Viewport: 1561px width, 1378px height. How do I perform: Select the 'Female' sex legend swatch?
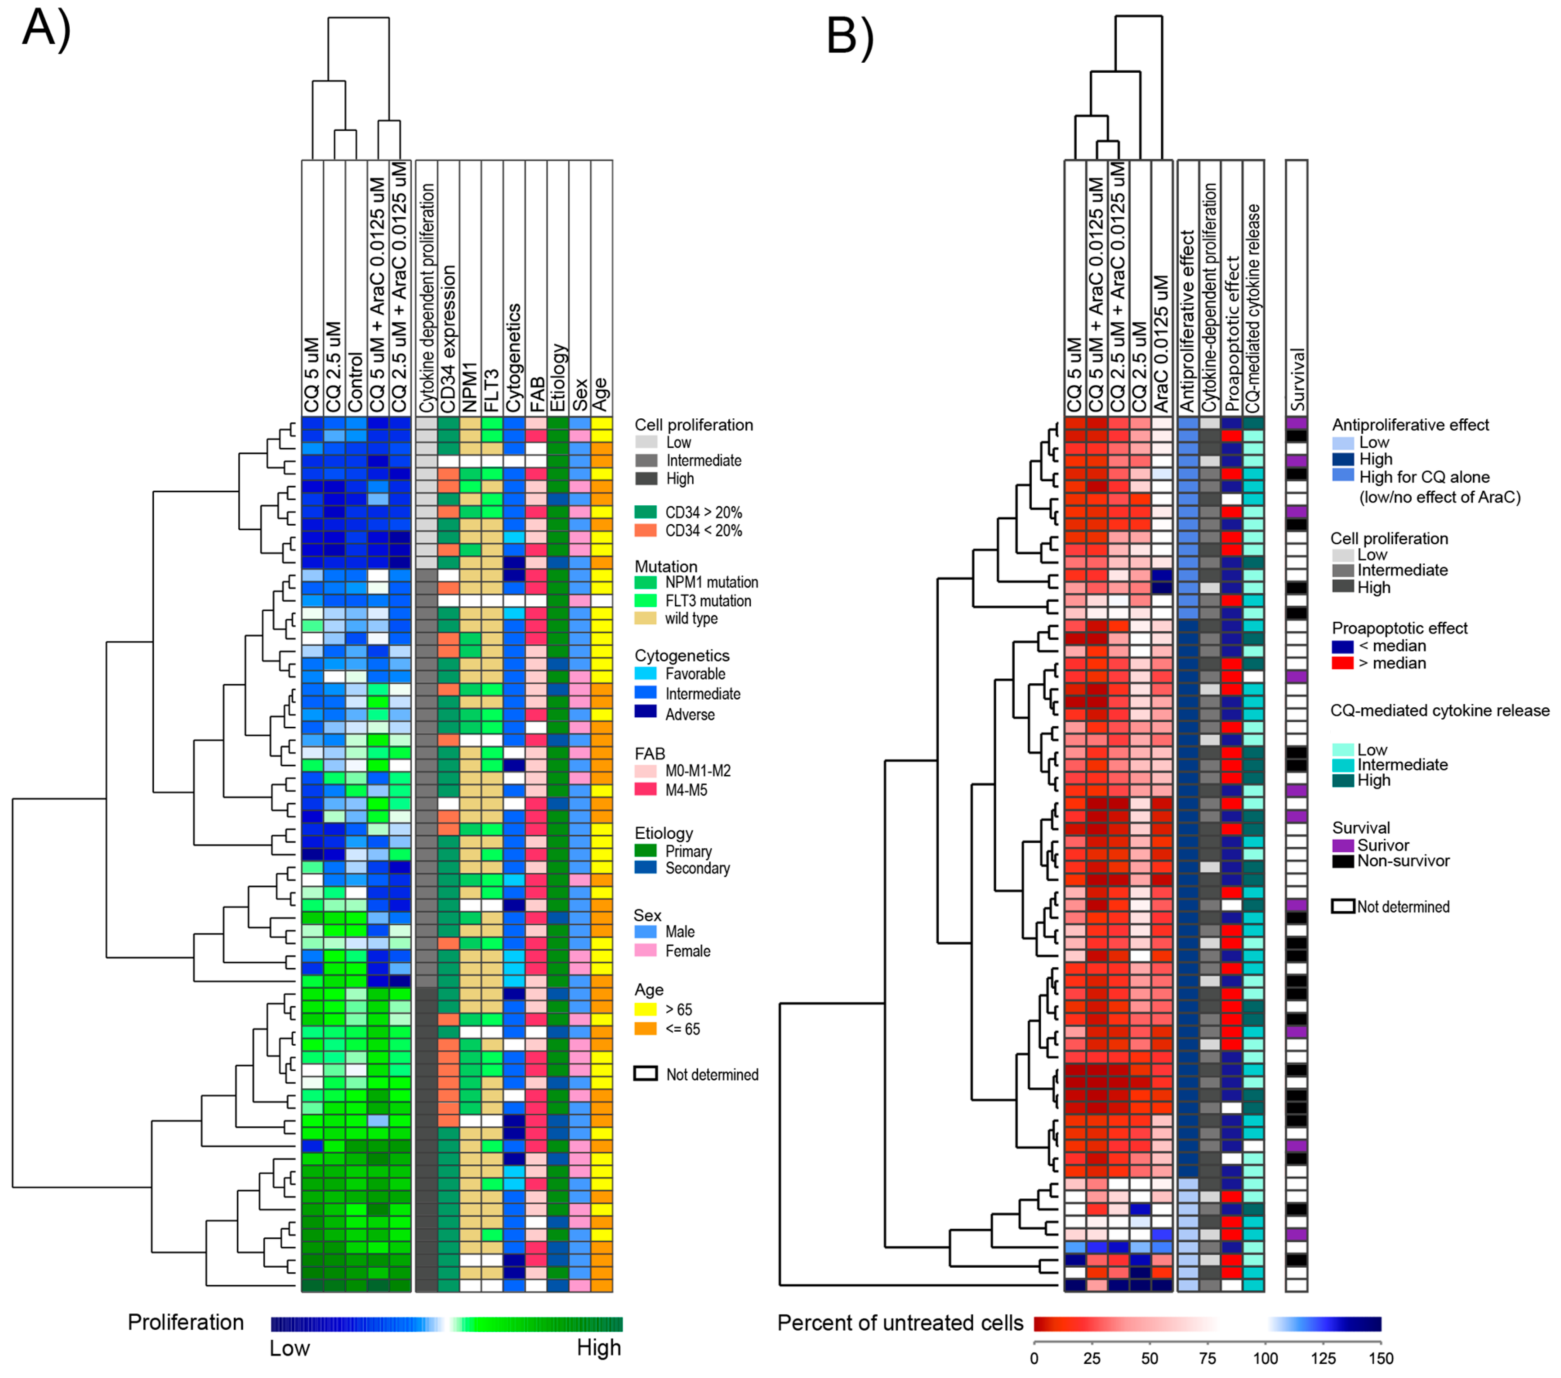click(x=645, y=950)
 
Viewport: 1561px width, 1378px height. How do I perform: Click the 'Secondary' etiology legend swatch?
click(x=645, y=868)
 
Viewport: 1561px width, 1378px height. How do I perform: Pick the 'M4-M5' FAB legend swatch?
click(x=645, y=789)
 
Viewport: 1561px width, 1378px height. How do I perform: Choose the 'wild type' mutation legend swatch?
click(x=645, y=618)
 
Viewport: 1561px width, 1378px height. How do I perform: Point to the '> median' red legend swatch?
click(x=1343, y=663)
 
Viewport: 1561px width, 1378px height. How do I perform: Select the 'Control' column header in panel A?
click(x=356, y=382)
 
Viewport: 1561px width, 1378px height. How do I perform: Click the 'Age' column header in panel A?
click(x=601, y=394)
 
